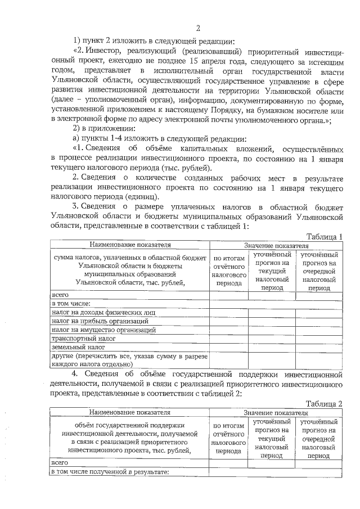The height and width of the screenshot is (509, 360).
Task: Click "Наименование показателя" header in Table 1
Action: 129,245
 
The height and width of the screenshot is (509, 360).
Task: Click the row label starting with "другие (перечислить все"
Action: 129,360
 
